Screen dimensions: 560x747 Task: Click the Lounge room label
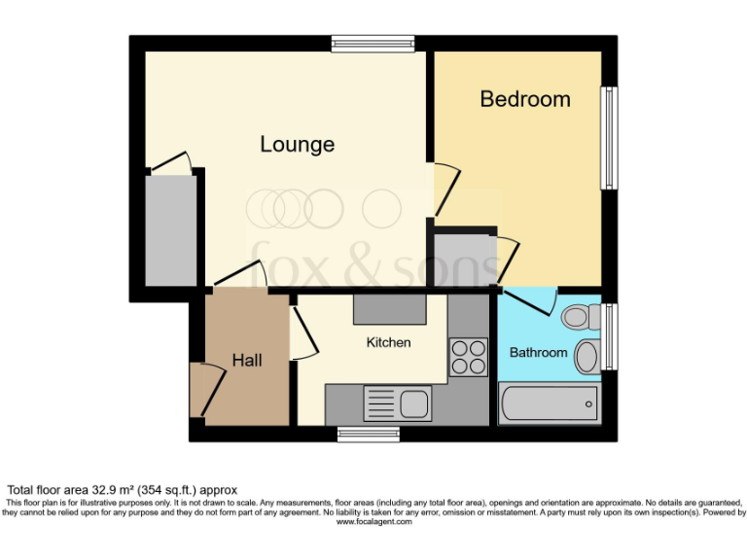point(297,145)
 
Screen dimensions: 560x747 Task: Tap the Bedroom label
point(524,99)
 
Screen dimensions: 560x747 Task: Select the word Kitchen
point(388,342)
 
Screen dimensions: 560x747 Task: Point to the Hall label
point(247,360)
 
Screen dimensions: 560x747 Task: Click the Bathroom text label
point(538,352)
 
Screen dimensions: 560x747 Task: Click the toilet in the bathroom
point(579,316)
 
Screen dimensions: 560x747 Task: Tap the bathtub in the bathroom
point(549,402)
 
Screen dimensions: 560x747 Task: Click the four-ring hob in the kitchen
point(468,358)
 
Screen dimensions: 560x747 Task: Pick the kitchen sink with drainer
point(397,402)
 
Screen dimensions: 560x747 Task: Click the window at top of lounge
point(372,43)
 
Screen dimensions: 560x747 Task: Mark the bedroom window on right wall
point(608,137)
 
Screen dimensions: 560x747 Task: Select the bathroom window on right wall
point(609,336)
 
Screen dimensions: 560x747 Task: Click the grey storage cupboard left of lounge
point(170,230)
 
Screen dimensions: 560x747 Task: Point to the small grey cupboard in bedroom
point(464,260)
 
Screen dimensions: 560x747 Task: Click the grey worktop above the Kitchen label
point(389,310)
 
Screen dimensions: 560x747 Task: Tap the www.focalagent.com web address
point(373,522)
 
